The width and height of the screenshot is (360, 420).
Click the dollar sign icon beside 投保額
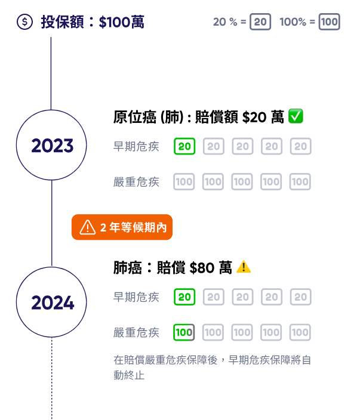point(24,23)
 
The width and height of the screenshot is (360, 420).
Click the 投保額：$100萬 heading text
point(93,23)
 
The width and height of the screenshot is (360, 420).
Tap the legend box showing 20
point(260,23)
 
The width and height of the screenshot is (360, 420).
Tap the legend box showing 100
point(329,23)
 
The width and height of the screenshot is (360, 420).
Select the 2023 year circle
point(52,146)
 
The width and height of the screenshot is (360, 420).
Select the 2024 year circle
point(52,302)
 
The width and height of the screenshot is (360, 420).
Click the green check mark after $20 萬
point(296,116)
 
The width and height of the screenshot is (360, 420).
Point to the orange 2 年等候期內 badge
point(122,227)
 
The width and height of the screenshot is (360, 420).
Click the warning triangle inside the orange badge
point(87,227)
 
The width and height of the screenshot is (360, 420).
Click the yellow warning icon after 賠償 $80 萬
point(244,267)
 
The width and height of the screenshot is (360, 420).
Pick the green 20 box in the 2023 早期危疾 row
point(184,146)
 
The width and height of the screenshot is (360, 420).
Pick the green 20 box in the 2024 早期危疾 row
point(184,297)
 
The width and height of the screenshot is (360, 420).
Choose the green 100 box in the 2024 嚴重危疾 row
point(184,332)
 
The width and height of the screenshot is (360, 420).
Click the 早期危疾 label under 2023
point(136,146)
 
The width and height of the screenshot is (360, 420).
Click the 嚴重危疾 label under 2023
point(136,182)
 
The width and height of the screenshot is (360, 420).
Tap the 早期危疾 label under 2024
point(136,297)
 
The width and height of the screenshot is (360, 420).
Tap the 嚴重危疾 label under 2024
point(136,332)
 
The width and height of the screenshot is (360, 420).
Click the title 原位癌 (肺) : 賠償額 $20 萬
point(198,117)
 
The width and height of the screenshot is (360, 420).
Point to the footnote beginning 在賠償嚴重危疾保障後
point(212,367)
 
